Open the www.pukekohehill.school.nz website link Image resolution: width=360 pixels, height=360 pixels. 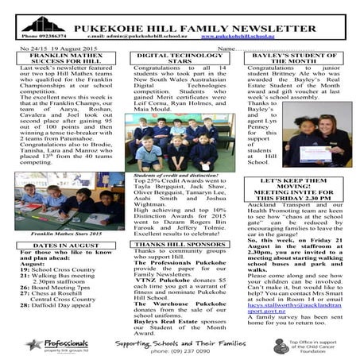239,37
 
